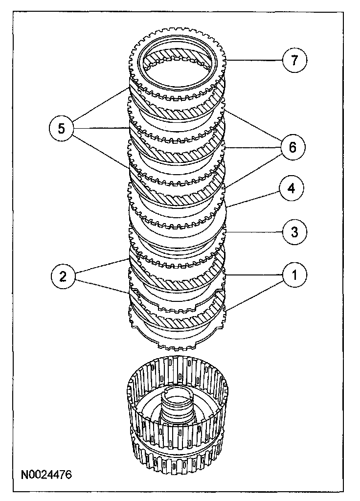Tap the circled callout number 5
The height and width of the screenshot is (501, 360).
tap(61, 129)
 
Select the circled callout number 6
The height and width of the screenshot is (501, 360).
tap(292, 147)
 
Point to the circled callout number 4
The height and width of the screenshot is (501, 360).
tap(292, 188)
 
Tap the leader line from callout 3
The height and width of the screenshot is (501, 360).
tap(254, 230)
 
